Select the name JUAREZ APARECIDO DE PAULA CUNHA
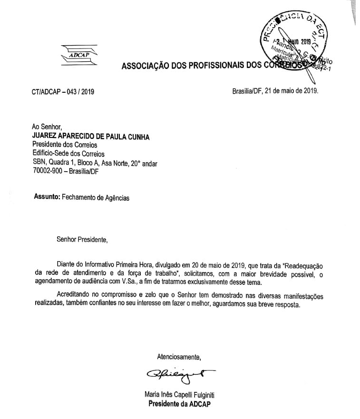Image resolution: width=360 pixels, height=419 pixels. pos(90,136)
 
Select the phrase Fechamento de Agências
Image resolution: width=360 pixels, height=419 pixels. pos(96,198)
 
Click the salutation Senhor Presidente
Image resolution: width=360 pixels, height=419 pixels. pos(82,239)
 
